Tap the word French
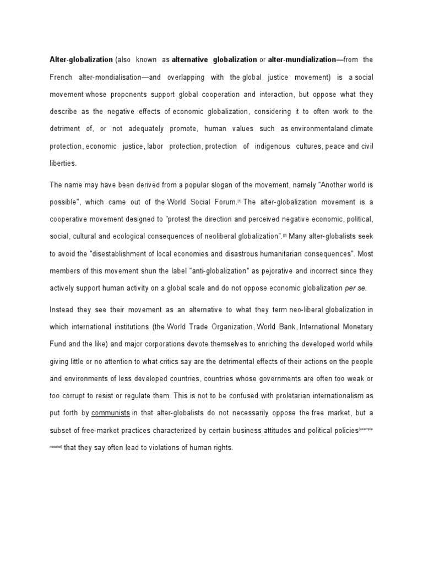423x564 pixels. pos(62,77)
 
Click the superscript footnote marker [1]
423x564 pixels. pos(238,201)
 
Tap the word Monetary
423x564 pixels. pos(355,327)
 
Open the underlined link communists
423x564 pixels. pos(110,413)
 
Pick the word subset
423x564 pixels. pos(62,430)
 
